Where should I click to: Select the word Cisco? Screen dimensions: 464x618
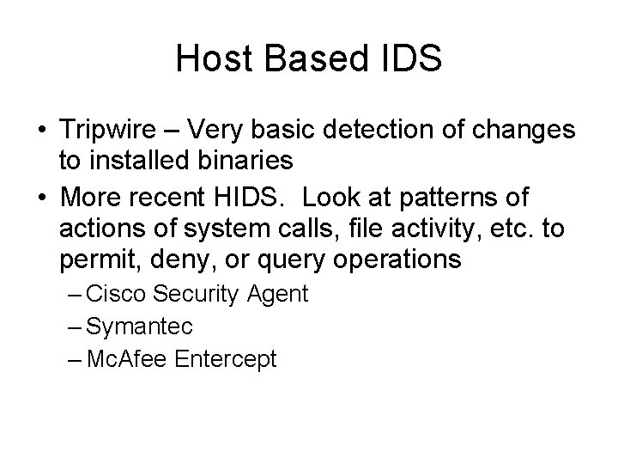coord(118,295)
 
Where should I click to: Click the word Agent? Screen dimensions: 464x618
coord(276,295)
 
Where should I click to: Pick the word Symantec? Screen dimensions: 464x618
coord(140,327)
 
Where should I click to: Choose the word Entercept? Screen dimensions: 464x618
coord(225,358)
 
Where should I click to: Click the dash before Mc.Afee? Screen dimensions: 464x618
coord(75,358)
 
